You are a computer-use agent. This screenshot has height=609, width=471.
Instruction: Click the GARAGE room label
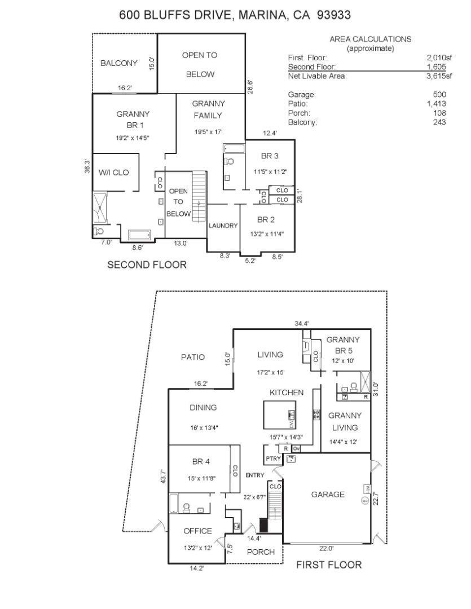coord(328,495)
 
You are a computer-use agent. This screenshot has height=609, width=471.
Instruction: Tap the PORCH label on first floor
coord(261,552)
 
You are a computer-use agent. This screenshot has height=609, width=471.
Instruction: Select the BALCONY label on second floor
coord(119,63)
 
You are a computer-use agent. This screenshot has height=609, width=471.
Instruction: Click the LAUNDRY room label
coord(223,226)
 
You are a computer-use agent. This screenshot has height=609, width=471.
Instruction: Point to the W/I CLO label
coord(113,173)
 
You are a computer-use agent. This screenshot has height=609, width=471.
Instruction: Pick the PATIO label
coord(193,357)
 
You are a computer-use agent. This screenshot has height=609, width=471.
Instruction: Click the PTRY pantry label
coord(273,458)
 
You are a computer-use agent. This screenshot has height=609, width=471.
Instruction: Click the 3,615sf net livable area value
coord(439,76)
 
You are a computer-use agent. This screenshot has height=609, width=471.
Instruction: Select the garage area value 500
coord(439,94)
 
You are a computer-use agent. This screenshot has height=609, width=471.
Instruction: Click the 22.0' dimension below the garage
coord(327,549)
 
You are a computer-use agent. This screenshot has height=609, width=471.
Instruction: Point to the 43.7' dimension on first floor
coord(164,477)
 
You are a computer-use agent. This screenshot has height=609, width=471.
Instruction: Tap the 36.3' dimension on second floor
coord(88,166)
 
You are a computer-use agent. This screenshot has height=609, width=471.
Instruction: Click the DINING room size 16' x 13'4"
coord(204,427)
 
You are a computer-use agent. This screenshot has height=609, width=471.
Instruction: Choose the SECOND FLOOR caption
coord(147,265)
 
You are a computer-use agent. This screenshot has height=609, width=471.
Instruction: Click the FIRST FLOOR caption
coord(329,564)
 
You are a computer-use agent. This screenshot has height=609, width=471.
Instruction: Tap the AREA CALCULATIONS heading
coord(371,39)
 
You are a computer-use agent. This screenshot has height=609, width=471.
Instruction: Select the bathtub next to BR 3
coord(234,149)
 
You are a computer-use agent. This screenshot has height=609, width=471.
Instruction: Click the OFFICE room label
coord(198,531)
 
